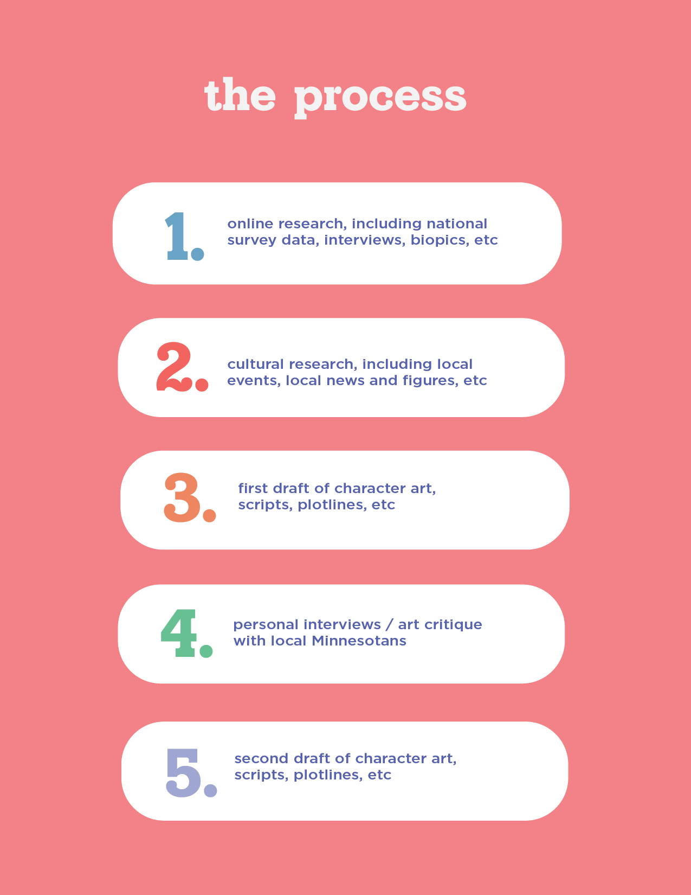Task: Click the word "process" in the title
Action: pyautogui.click(x=380, y=98)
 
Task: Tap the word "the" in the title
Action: pyautogui.click(x=240, y=95)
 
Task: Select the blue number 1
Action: pyautogui.click(x=177, y=236)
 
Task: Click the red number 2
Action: pyautogui.click(x=173, y=366)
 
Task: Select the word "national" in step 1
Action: pyautogui.click(x=457, y=223)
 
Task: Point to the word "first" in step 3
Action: pyautogui.click(x=253, y=488)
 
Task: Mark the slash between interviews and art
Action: pyautogui.click(x=388, y=625)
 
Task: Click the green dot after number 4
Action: pyautogui.click(x=206, y=650)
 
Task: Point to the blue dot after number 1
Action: pyautogui.click(x=197, y=254)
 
